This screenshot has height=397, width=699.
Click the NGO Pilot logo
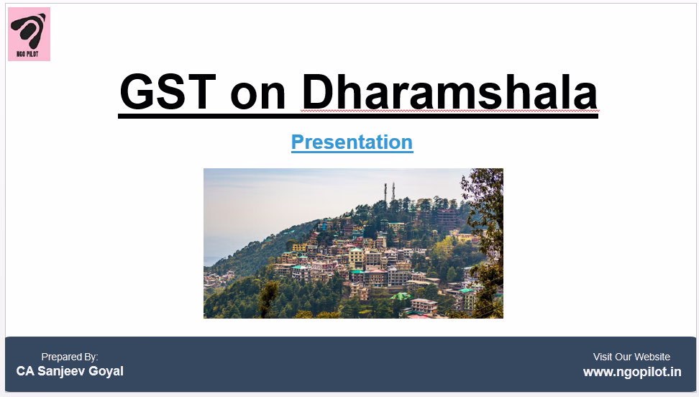[29, 34]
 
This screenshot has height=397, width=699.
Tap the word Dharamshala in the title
[449, 92]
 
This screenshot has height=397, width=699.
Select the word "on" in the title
[257, 96]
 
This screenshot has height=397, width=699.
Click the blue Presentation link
[352, 142]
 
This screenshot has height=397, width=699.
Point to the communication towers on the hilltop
[389, 191]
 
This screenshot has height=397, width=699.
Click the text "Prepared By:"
[70, 357]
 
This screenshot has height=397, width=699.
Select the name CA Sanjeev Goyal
[70, 371]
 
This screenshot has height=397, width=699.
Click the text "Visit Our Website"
[631, 357]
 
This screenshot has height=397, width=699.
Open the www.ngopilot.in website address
[632, 372]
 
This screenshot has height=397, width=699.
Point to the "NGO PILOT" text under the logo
[27, 54]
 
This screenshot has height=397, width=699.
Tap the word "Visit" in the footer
[603, 357]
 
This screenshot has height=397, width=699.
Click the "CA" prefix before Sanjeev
[25, 371]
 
